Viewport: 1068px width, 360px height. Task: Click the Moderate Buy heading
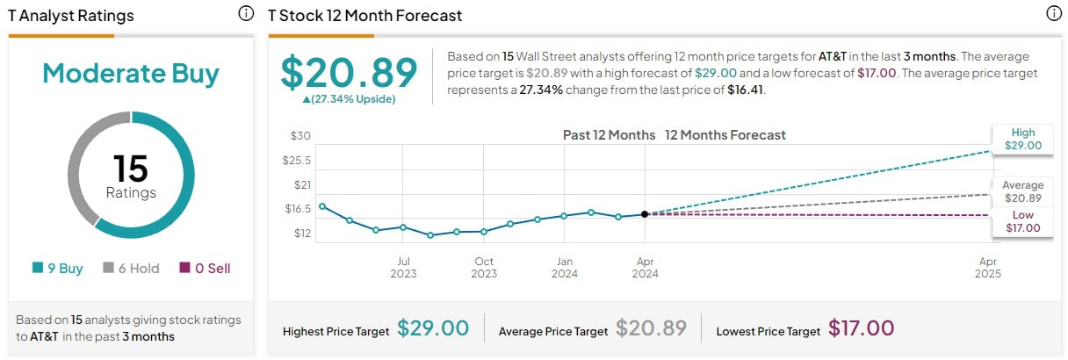point(131,74)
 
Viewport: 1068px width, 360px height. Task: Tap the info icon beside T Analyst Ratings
point(246,14)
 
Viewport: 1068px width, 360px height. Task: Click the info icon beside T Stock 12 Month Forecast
point(1054,14)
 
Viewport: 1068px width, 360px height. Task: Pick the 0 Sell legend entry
point(205,269)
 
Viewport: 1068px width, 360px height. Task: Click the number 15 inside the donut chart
point(131,169)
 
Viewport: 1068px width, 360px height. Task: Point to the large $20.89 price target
point(349,72)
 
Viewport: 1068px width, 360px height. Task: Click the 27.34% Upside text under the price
point(349,99)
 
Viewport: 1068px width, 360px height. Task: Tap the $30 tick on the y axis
point(301,136)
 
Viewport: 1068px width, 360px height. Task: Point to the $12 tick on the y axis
point(301,234)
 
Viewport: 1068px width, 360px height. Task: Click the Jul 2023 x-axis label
point(403,267)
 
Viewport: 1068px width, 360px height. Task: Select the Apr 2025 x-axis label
point(988,267)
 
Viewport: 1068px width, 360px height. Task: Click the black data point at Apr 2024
point(645,213)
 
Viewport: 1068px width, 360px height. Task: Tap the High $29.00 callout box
point(1023,140)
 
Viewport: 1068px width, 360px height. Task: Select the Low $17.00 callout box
point(1023,222)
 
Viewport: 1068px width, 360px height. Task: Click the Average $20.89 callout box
point(1023,191)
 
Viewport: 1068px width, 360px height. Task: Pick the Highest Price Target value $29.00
point(433,328)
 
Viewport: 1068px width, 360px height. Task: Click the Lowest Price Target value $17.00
point(861,328)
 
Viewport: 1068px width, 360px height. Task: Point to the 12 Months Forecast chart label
point(725,135)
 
